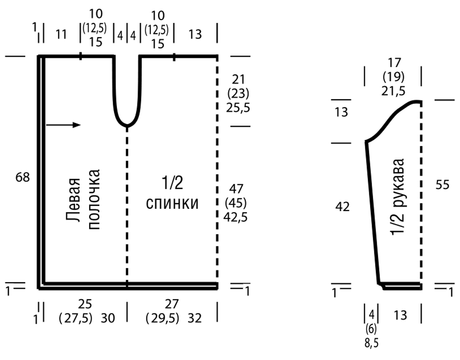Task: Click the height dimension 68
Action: point(23,177)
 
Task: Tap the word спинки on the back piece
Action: point(172,203)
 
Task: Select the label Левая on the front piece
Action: point(73,200)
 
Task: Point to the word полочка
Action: point(94,200)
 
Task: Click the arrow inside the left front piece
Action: point(63,125)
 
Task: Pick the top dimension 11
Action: point(61,34)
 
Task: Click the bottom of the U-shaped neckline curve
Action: point(127,126)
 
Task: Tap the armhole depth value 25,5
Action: point(238,108)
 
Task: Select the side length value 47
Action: point(236,189)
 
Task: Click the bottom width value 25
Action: point(85,304)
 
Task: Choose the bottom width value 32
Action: point(195,318)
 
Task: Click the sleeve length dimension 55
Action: point(442,185)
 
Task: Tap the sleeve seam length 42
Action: point(342,207)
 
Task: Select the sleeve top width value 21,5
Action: point(393,91)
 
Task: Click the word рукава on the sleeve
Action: point(397,182)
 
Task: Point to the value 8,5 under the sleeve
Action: point(371,343)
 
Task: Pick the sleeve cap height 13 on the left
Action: point(341,112)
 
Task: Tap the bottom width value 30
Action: point(108,318)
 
